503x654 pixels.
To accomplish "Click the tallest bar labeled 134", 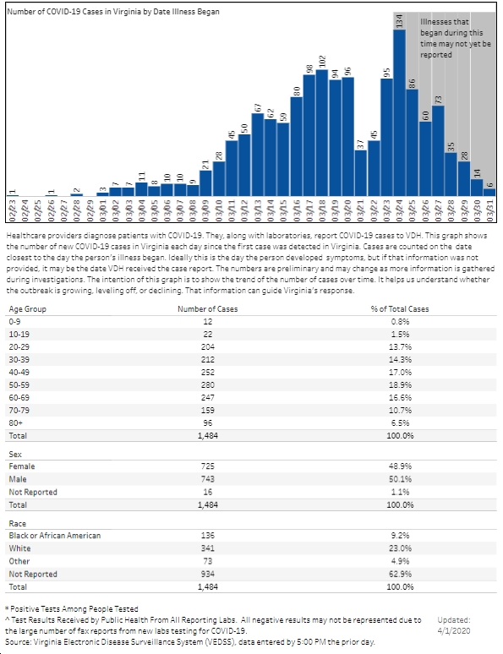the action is point(399,112).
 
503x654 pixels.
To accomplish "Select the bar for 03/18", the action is point(322,133).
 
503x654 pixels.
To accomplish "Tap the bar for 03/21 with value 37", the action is point(361,173).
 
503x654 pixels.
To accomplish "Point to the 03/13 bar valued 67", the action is point(258,155).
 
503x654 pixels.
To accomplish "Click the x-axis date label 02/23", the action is point(12,210).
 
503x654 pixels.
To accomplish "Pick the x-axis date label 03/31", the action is point(489,210).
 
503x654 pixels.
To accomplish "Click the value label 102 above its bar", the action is point(322,62).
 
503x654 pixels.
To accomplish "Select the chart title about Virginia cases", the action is point(113,12).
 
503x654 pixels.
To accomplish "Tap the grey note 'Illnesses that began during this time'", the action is point(456,38).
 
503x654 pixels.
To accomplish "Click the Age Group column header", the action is point(28,309).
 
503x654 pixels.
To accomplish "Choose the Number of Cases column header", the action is point(207,309).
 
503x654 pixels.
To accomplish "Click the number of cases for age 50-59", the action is point(207,385).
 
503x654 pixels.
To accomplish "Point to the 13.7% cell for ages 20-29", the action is point(400,347).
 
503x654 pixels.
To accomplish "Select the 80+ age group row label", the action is point(16,423).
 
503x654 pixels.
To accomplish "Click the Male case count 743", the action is point(207,479).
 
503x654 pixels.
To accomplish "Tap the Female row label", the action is point(22,466).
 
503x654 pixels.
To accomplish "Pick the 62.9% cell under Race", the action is point(400,574).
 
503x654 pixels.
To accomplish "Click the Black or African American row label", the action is point(55,536).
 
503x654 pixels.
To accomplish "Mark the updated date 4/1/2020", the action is point(454,630).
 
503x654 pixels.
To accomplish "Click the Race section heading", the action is point(18,523).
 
